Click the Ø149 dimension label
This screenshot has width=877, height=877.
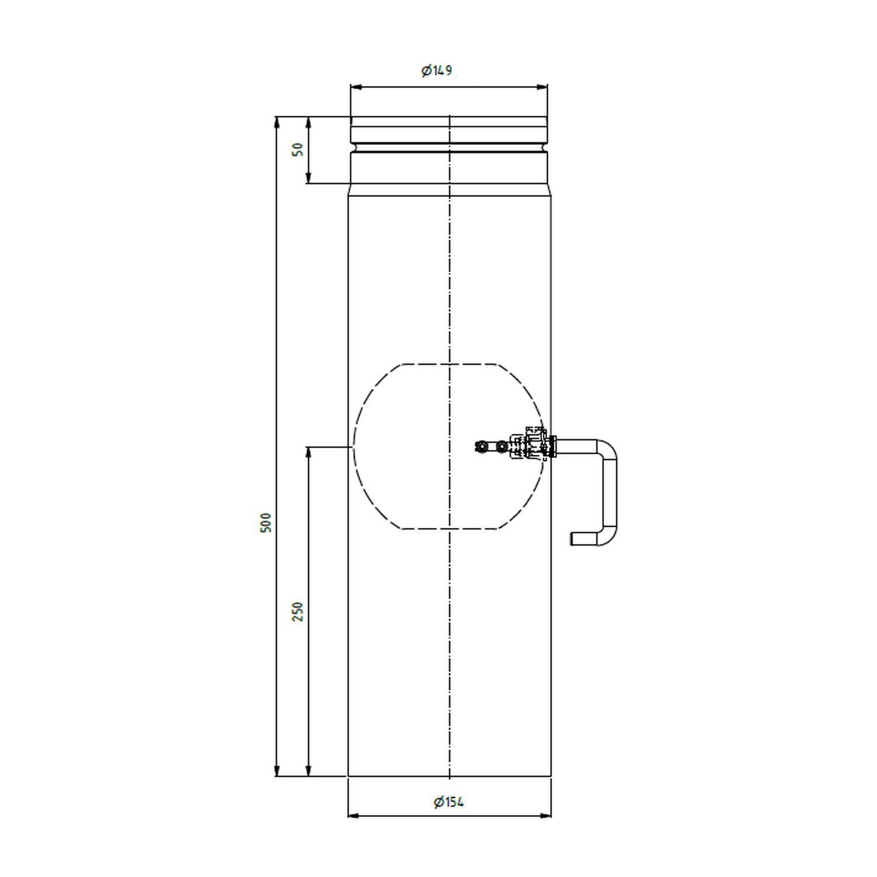click(437, 71)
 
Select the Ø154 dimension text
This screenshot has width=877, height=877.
click(449, 802)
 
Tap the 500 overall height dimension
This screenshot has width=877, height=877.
click(266, 522)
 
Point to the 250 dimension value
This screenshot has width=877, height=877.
click(298, 611)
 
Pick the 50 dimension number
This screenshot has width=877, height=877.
click(298, 150)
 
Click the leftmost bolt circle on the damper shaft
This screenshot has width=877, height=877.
click(481, 447)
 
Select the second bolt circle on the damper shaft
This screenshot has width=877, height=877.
click(500, 447)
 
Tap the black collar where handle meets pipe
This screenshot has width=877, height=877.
click(552, 447)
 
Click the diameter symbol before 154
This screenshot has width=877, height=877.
click(438, 802)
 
